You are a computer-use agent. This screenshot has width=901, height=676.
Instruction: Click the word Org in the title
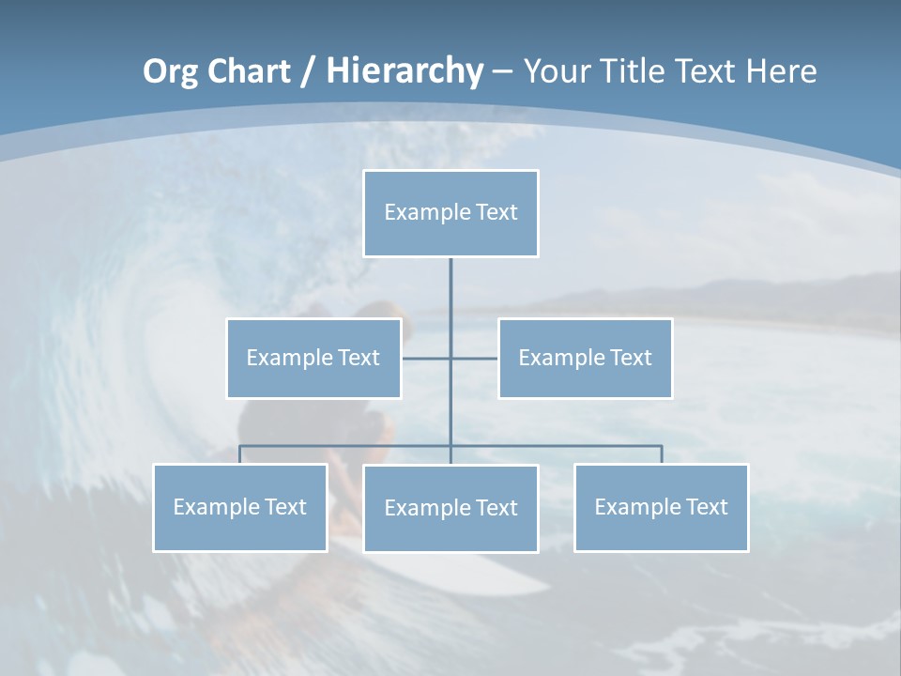click(x=169, y=71)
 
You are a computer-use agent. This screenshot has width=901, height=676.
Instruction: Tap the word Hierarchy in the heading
click(x=405, y=71)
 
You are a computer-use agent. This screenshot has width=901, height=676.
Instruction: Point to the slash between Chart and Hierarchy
click(x=308, y=71)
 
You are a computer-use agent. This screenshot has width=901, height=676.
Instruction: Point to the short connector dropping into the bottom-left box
click(x=240, y=454)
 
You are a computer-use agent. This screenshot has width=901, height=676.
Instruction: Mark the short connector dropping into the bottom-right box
click(x=662, y=454)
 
